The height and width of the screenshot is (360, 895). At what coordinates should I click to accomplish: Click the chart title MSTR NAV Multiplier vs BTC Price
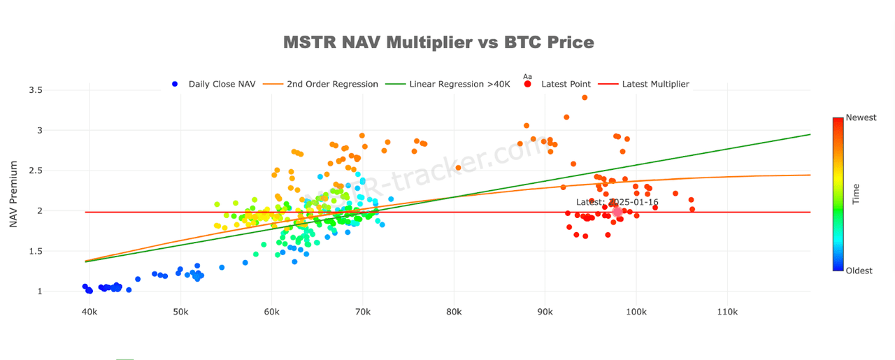click(x=438, y=43)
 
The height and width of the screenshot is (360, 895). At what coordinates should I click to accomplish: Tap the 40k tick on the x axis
click(x=89, y=311)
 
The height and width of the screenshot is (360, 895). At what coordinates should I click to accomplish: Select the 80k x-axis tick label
click(x=454, y=311)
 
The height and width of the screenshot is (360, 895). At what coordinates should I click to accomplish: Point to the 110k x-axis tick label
click(x=727, y=311)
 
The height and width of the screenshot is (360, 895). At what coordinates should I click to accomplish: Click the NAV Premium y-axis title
click(x=13, y=194)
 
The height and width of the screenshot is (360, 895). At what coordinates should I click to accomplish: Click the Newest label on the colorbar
click(x=860, y=117)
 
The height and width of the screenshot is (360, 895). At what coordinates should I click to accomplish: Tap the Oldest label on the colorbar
click(x=859, y=271)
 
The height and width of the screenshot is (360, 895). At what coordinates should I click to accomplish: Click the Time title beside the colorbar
click(x=856, y=194)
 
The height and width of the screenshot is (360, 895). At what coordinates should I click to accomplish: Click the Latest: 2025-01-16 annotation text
click(x=617, y=202)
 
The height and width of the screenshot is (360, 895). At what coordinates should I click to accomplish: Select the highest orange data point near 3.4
click(x=585, y=98)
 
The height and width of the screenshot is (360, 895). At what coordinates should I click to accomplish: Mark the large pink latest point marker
click(x=617, y=212)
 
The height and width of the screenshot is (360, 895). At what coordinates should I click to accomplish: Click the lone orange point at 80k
click(x=458, y=168)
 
